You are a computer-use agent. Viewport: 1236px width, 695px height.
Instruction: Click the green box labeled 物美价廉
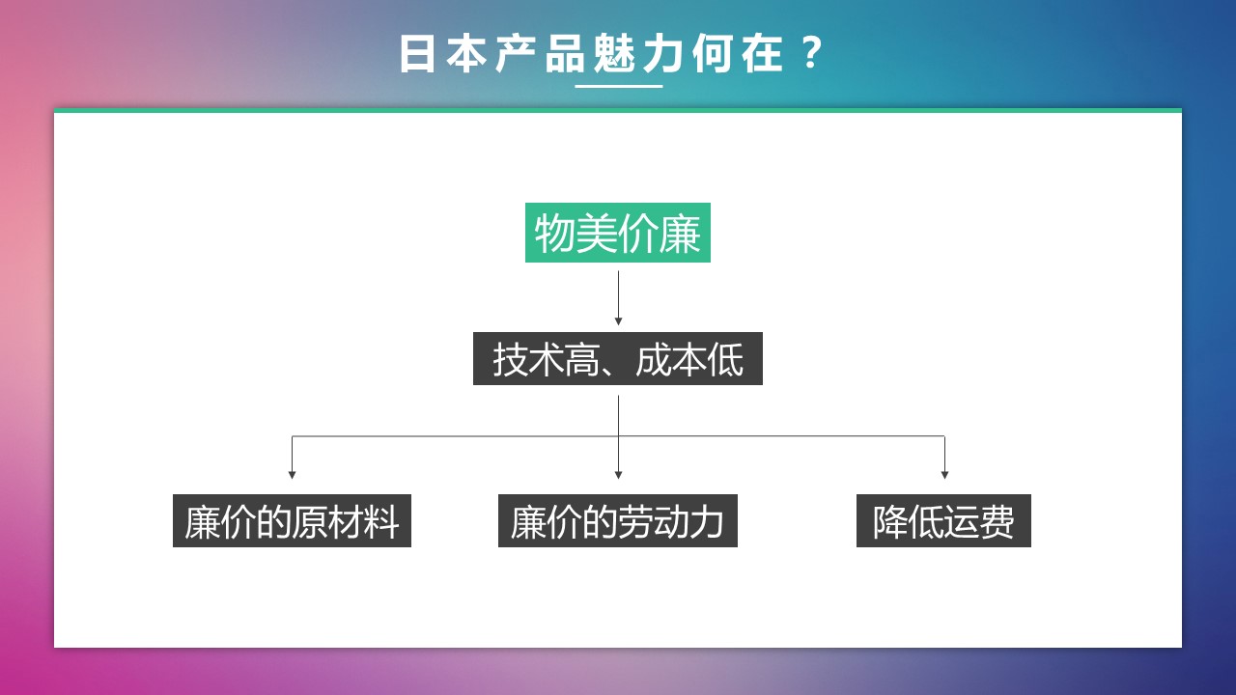coord(617,233)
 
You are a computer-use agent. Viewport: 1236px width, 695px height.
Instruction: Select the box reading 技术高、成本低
coord(618,358)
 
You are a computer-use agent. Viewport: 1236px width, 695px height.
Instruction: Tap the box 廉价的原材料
coord(292,520)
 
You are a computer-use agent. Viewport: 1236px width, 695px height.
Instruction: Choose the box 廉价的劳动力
coord(617,520)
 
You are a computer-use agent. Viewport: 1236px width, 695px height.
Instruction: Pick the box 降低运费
coord(943,520)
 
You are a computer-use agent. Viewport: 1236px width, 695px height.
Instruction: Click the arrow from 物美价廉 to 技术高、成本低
coord(618,298)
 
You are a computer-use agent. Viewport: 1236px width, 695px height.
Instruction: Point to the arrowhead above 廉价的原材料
coord(292,475)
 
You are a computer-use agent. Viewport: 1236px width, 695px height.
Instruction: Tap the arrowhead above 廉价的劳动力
coord(618,475)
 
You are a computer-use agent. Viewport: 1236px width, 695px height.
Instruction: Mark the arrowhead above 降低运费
coord(944,475)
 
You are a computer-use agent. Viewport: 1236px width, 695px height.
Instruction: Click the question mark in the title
coord(810,53)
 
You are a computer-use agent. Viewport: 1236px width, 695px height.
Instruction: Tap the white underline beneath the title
coord(619,86)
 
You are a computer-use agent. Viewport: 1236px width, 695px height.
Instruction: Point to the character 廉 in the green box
coord(681,234)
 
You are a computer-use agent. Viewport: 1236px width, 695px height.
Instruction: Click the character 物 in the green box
coord(554,234)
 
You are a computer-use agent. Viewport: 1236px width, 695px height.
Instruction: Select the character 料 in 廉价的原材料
coord(381,522)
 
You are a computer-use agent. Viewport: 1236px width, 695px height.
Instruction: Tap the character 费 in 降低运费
coord(997,522)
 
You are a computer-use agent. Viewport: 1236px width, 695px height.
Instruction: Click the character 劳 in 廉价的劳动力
coord(635,522)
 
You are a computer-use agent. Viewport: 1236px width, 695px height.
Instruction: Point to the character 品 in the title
coord(565,53)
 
